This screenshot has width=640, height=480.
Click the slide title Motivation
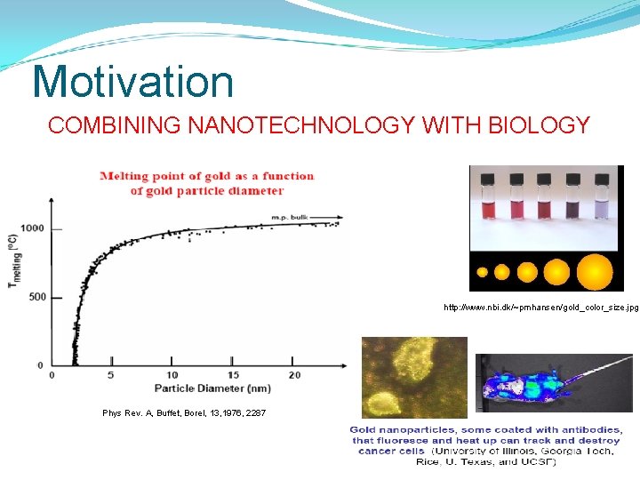(x=132, y=82)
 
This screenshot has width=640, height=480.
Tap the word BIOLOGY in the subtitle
(x=540, y=126)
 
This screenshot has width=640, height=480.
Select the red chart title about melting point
(x=206, y=183)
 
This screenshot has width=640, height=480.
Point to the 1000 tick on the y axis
(x=33, y=228)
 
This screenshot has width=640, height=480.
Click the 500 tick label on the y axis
(x=36, y=297)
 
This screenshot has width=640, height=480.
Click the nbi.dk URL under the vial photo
(x=540, y=308)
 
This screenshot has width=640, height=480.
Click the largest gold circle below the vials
(x=595, y=271)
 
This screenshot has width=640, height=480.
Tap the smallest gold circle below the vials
(x=482, y=272)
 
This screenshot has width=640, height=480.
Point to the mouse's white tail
(x=606, y=364)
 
